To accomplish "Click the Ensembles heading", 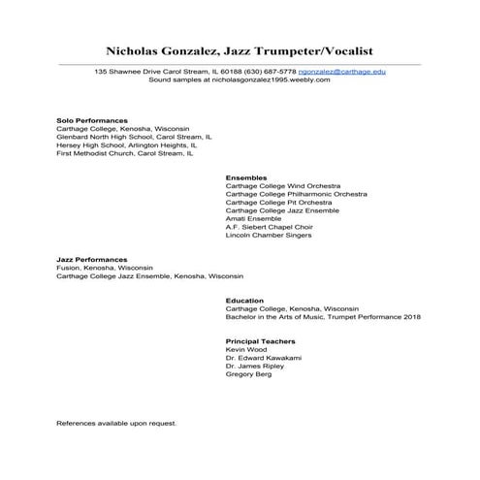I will (245, 177).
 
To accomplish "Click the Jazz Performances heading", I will (92, 260).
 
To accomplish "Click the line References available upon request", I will (116, 424).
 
